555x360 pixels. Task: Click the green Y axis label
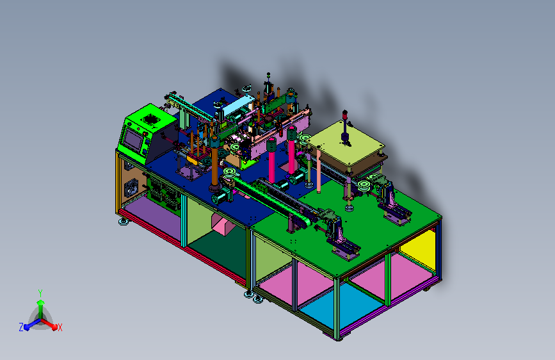(x=40, y=293)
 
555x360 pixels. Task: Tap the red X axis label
(x=60, y=327)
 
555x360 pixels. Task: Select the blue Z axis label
(x=21, y=327)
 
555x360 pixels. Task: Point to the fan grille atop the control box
(x=152, y=119)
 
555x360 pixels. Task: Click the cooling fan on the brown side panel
(x=132, y=188)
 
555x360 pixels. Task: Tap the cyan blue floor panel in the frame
(x=340, y=306)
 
